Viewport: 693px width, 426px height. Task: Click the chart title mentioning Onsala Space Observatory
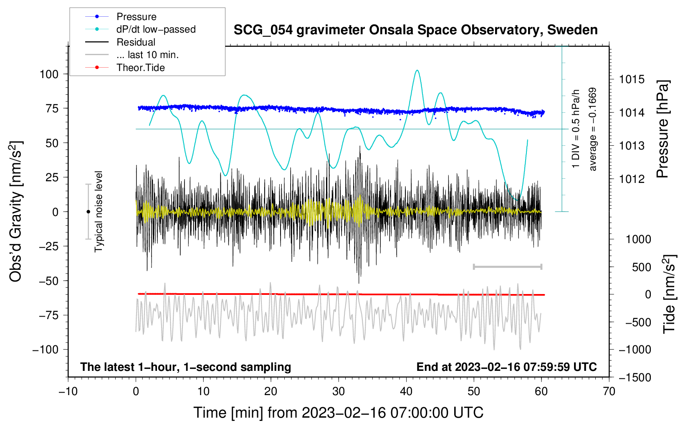point(415,30)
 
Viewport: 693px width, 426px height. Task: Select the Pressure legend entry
point(136,17)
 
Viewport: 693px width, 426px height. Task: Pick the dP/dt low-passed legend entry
point(156,29)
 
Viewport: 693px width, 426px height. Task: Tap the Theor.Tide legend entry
point(140,68)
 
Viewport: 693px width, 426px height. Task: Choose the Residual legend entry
point(136,42)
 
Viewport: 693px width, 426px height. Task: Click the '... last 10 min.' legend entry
point(147,55)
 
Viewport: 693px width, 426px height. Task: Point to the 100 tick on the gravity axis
point(49,74)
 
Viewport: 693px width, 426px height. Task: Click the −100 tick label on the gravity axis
point(46,350)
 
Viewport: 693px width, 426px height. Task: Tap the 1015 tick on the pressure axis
point(632,79)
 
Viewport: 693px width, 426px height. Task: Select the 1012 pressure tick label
point(632,179)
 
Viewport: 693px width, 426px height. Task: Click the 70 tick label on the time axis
point(609,391)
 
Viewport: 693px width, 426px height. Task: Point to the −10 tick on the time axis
point(68,391)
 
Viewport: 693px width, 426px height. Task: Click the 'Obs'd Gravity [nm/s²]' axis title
point(16,211)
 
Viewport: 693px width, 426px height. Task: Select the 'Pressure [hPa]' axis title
point(663,129)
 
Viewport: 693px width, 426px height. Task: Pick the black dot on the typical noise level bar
point(88,212)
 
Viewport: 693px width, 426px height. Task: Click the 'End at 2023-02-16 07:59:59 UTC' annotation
point(506,367)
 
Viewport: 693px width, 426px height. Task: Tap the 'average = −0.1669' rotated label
point(593,129)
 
